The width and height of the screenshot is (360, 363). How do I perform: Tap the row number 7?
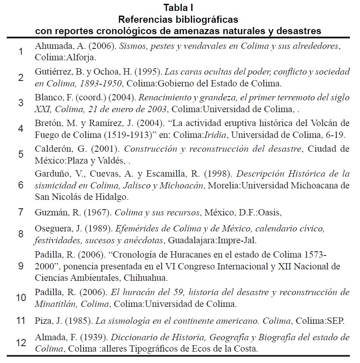pyautogui.click(x=21, y=212)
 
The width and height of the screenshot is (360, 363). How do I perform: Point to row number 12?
pyautogui.click(x=21, y=343)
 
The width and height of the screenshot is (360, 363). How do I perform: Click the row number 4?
pyautogui.click(x=21, y=129)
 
